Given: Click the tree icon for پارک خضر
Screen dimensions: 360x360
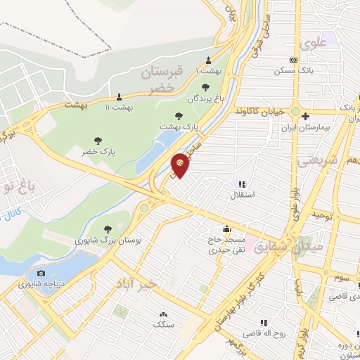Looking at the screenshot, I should click(98, 141).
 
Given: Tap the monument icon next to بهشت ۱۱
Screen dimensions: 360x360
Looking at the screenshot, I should click(119, 97).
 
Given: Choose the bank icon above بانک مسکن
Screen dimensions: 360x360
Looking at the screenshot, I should click(293, 61).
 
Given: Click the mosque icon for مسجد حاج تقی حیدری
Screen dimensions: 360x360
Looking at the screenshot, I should click(226, 229).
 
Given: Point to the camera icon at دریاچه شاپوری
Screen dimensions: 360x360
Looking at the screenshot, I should click(41, 274).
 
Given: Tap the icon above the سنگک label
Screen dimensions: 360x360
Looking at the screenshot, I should click(164, 314).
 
